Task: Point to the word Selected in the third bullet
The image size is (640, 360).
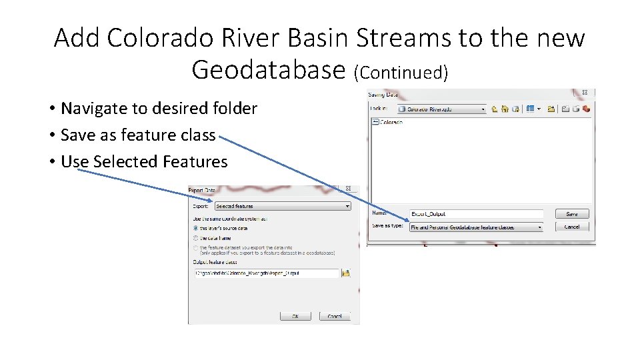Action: click(x=125, y=162)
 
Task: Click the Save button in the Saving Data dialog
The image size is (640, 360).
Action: click(x=572, y=214)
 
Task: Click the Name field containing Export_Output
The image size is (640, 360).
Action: click(x=476, y=214)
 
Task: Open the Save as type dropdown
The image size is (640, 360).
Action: click(x=476, y=227)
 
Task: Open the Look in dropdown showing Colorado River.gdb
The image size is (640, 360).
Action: click(x=441, y=109)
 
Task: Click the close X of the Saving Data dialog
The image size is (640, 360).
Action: click(x=585, y=93)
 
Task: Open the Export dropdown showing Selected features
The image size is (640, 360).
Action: click(x=283, y=207)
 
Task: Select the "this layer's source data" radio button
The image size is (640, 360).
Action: click(x=195, y=228)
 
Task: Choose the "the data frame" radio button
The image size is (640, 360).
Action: click(x=195, y=237)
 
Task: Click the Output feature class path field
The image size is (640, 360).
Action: click(x=265, y=273)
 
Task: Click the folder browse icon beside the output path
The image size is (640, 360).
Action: click(x=346, y=273)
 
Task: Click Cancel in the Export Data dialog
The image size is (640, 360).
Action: click(x=335, y=316)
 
